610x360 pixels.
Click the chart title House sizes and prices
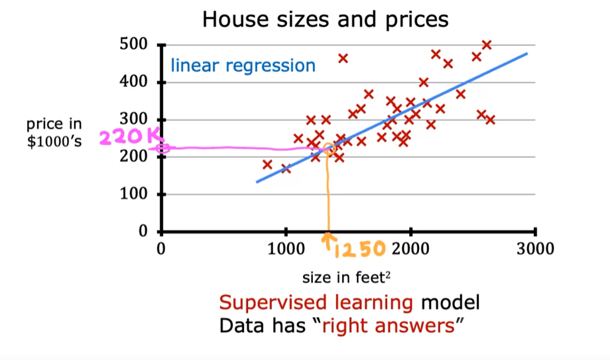point(325,19)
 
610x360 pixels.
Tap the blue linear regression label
point(243,66)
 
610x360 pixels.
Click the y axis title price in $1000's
point(54,132)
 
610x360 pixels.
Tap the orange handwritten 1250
point(360,249)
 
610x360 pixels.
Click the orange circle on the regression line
point(328,150)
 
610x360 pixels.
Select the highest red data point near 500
point(486,44)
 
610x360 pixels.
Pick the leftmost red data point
point(267,164)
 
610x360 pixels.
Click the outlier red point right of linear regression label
point(343,58)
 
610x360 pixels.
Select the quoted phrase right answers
point(396,326)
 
